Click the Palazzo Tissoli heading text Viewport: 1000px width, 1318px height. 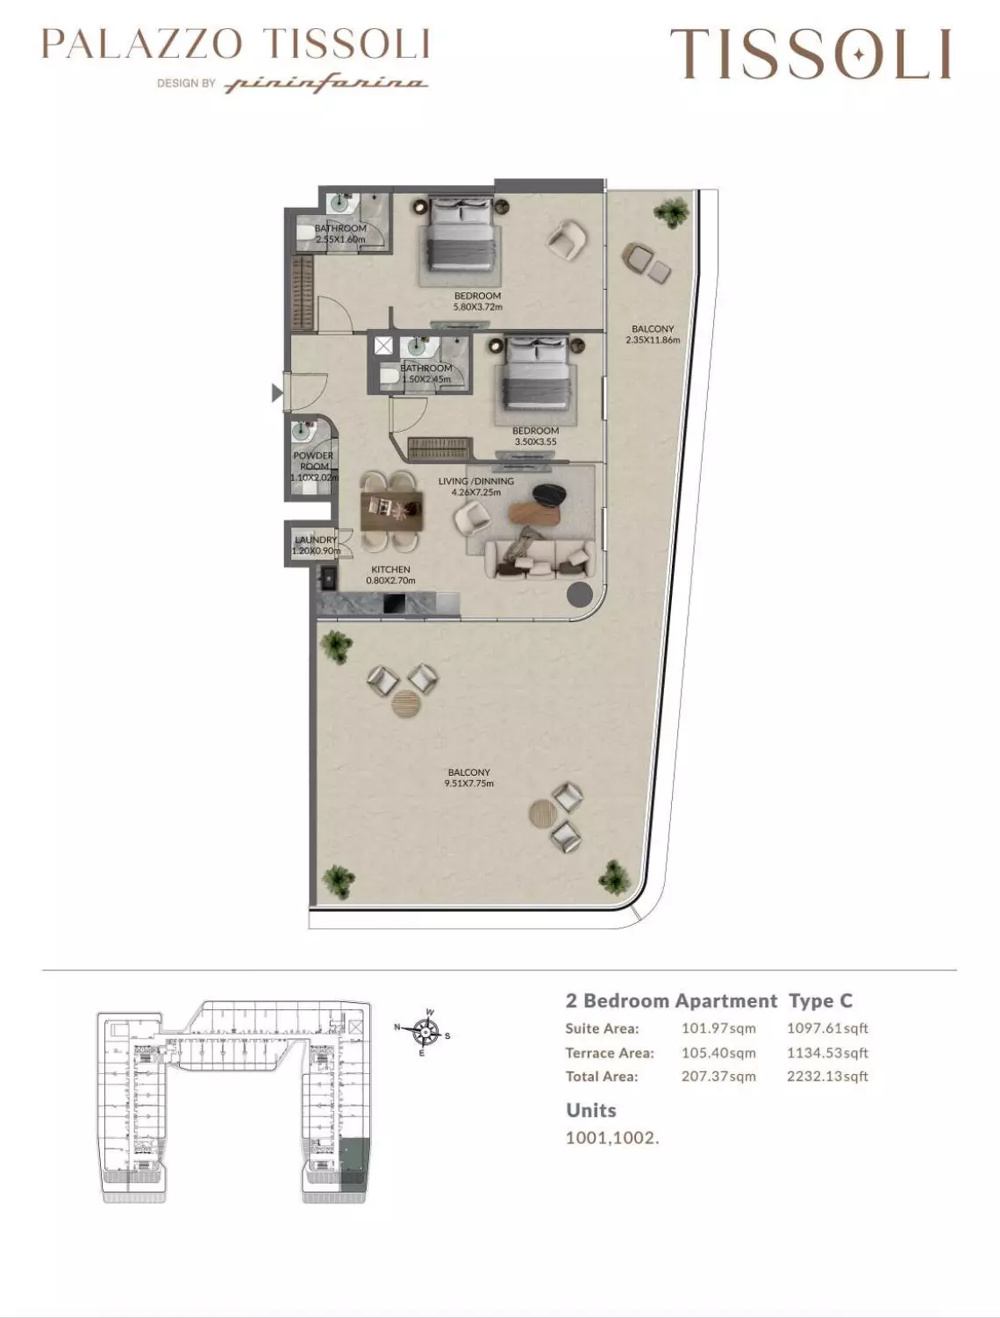[235, 44]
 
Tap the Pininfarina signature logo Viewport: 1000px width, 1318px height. [326, 84]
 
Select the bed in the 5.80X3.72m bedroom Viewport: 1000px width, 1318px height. [462, 234]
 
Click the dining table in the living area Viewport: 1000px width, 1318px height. [392, 511]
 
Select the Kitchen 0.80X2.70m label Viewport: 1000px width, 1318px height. [391, 575]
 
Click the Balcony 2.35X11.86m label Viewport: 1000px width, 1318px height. [653, 334]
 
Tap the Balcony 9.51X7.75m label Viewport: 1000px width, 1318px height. [468, 777]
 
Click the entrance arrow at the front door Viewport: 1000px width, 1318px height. [277, 393]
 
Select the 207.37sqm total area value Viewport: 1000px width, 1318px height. [718, 1077]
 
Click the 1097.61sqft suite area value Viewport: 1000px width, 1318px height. [826, 1028]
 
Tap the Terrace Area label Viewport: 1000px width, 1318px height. [610, 1053]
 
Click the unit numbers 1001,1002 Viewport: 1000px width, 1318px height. [611, 1138]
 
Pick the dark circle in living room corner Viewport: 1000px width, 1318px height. [579, 595]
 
